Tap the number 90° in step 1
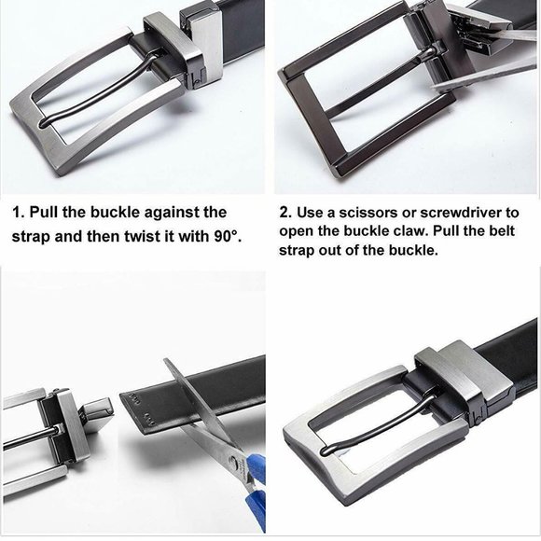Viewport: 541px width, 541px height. click(x=227, y=236)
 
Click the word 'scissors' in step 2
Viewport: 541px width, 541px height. click(x=368, y=213)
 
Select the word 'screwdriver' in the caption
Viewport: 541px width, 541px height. click(x=457, y=213)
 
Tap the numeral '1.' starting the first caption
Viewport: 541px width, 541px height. click(x=19, y=212)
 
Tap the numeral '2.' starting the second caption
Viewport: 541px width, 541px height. click(x=286, y=213)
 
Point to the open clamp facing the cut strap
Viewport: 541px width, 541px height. click(x=97, y=412)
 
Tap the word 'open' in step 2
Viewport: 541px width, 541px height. click(x=297, y=232)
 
